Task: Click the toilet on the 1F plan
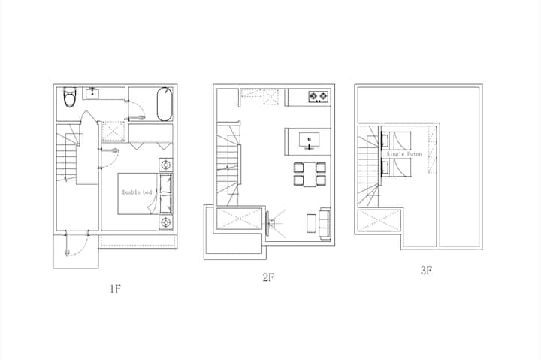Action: coord(69,97)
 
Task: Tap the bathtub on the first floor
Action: coord(165,104)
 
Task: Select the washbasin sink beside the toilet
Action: coord(92,93)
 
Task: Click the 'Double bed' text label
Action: coord(137,192)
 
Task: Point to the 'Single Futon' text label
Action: coord(404,154)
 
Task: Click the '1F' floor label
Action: coord(116,289)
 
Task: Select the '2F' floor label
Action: coord(268,277)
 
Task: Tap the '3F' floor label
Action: coord(427,271)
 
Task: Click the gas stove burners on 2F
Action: coord(319,96)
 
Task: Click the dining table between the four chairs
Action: coord(310,174)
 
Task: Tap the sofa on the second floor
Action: coord(325,223)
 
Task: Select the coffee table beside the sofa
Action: coord(311,223)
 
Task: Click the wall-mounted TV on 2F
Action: coord(267,223)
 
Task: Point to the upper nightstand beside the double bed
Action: coord(166,165)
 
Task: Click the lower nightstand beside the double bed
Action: coord(166,222)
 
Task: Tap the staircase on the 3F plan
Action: coord(369,166)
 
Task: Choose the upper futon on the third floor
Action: coord(397,140)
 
